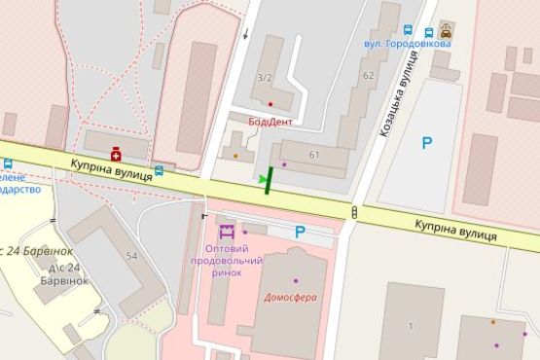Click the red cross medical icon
(x=116, y=154)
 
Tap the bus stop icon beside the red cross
(x=159, y=168)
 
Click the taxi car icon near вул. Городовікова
(x=446, y=29)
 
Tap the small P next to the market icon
(x=300, y=232)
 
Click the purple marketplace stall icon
(x=227, y=233)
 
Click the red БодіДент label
(x=270, y=122)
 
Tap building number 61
(x=313, y=155)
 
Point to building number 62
(x=367, y=75)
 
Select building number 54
(x=131, y=255)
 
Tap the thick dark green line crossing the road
(x=269, y=181)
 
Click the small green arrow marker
(x=260, y=179)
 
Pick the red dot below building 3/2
(x=270, y=103)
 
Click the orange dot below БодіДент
(x=234, y=154)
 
